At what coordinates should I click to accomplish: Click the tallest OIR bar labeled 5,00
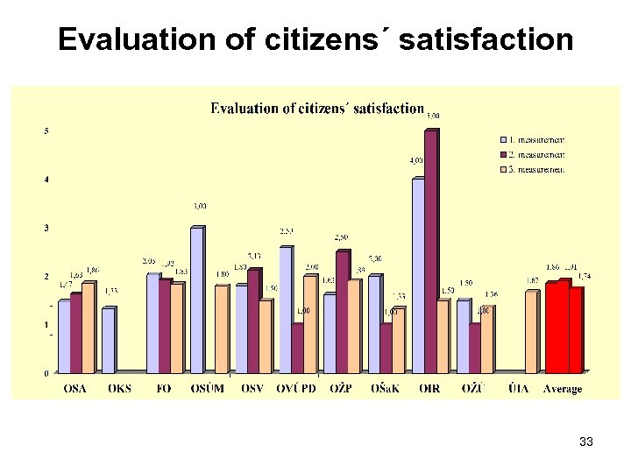click(430, 252)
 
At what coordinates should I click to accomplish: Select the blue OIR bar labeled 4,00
click(417, 276)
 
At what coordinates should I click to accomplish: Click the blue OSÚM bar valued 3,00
click(196, 300)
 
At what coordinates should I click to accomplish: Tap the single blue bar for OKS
click(108, 340)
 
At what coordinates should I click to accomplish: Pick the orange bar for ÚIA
click(531, 332)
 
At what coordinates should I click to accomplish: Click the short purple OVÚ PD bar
click(297, 349)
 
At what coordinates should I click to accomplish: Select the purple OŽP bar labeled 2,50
click(342, 312)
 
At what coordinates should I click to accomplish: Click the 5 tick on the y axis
click(46, 131)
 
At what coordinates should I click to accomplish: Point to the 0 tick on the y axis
click(46, 373)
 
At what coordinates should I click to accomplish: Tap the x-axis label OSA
click(75, 388)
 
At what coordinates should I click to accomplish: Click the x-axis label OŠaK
click(384, 388)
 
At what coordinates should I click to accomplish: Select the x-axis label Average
click(562, 388)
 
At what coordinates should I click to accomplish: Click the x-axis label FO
click(164, 388)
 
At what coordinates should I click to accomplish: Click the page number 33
click(586, 442)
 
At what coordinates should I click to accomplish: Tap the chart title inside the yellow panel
click(317, 109)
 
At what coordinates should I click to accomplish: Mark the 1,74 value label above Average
click(584, 277)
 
